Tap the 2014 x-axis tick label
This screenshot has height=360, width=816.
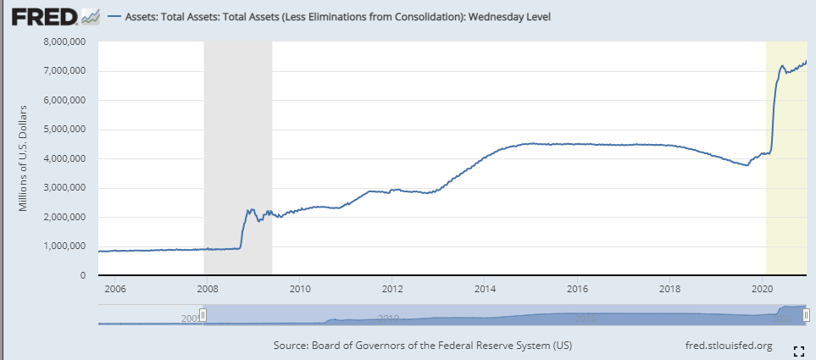coord(485,289)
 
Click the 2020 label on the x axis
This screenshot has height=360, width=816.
coord(762,289)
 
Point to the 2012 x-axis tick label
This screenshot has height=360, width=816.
coord(392,289)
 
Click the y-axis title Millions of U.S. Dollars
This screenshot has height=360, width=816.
coord(23,159)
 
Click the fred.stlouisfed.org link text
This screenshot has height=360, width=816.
coord(728,346)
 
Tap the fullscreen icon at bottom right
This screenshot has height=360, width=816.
coord(797,350)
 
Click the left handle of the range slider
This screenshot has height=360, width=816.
coord(203,314)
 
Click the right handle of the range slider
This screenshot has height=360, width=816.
coord(806,314)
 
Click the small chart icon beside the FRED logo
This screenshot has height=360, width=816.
coord(90,16)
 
